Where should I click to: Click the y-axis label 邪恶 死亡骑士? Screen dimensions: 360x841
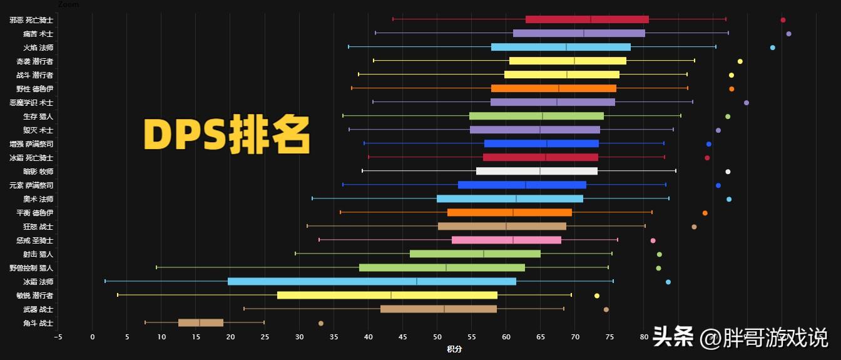point(31,20)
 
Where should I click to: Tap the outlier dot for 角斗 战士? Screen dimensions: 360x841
point(321,324)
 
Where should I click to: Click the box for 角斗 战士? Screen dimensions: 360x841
point(201,323)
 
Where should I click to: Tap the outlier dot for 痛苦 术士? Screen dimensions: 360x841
point(788,34)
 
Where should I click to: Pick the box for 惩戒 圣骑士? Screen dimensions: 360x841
point(506,240)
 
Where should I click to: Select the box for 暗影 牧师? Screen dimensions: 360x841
point(537,171)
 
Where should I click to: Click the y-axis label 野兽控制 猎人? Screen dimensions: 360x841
point(31,268)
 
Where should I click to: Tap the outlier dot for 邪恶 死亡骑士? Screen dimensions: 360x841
point(783,20)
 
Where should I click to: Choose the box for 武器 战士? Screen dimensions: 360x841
point(439,309)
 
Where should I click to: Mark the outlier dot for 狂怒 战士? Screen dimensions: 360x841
point(694,227)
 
